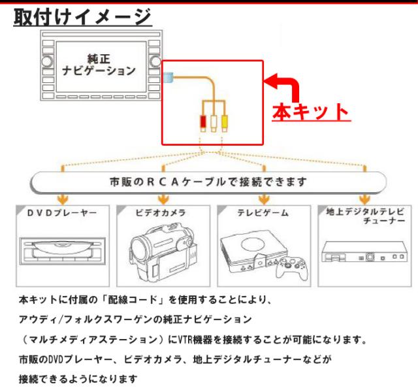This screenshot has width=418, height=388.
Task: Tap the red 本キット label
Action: pyautogui.click(x=310, y=112)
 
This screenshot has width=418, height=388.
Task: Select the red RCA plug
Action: pyautogui.click(x=203, y=121)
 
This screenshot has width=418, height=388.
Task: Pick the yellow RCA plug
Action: pyautogui.click(x=224, y=121)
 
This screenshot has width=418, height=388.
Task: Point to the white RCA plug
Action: pyautogui.click(x=214, y=121)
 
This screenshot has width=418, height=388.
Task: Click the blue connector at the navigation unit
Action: pyautogui.click(x=169, y=77)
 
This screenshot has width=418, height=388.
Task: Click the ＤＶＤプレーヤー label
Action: pyautogui.click(x=62, y=213)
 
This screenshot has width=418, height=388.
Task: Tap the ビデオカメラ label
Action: pyautogui.click(x=161, y=213)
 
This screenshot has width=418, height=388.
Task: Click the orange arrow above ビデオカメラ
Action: pyautogui.click(x=161, y=198)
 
